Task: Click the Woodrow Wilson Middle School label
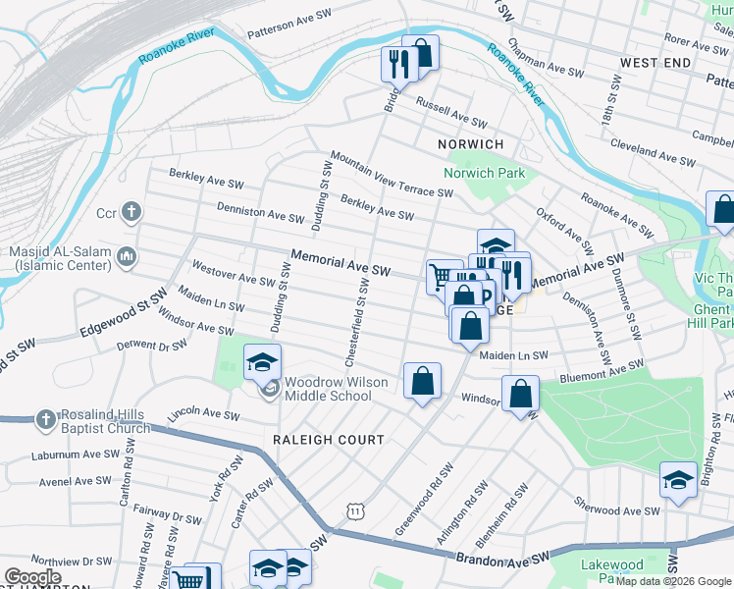coord(328,390)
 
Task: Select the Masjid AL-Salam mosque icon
coord(126,257)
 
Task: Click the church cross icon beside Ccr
coord(132,212)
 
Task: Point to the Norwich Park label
coord(484,174)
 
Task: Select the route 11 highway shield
coord(355,510)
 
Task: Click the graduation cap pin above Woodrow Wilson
coord(262,362)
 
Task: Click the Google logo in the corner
coord(31,577)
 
